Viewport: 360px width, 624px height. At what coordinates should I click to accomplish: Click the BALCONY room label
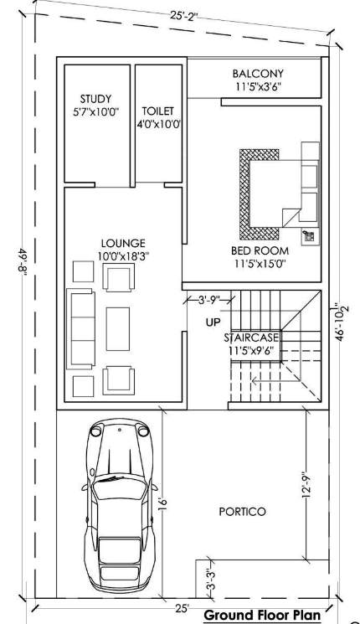pyautogui.click(x=259, y=74)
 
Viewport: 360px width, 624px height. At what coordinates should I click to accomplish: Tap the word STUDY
pyautogui.click(x=95, y=99)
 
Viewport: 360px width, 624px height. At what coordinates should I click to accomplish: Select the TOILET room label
pyautogui.click(x=157, y=111)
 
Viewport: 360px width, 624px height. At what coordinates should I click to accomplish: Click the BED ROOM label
pyautogui.click(x=260, y=250)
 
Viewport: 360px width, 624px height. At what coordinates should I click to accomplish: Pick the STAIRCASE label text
pyautogui.click(x=251, y=338)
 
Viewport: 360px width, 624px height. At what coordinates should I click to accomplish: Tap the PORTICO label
pyautogui.click(x=242, y=511)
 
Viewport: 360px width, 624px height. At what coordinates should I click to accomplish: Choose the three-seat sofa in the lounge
pyautogui.click(x=82, y=328)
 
